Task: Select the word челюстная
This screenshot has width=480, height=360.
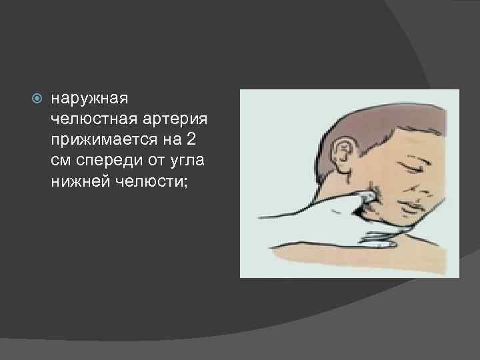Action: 89,119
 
